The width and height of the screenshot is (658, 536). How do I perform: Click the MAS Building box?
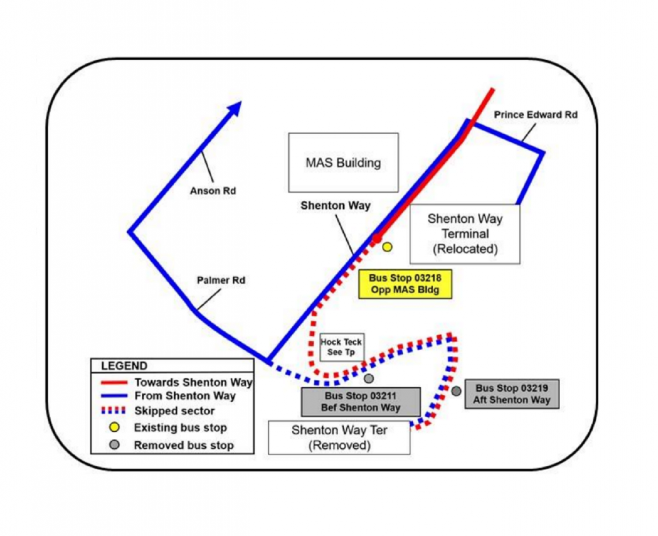(343, 163)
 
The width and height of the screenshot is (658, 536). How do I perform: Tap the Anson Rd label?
(213, 191)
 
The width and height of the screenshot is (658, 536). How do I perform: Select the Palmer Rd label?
(221, 281)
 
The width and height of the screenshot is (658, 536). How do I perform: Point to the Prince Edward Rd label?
(536, 115)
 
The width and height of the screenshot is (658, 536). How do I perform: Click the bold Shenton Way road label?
(335, 206)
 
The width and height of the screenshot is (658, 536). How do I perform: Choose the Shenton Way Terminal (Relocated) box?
(464, 234)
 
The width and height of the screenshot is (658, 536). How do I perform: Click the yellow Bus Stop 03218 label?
(405, 284)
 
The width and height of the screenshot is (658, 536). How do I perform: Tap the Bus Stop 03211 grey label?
(360, 402)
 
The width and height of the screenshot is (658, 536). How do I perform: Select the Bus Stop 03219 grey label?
(512, 394)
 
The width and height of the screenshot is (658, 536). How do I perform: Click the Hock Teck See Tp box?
(342, 347)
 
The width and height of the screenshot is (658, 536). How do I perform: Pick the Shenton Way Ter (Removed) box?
(339, 438)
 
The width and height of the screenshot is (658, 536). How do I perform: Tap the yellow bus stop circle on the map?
(387, 247)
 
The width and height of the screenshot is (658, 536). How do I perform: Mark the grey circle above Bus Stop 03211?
(369, 378)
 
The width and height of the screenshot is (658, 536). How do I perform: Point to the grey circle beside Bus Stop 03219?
(456, 391)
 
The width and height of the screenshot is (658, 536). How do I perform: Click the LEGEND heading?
(124, 366)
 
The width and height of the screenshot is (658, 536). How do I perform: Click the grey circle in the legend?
(114, 445)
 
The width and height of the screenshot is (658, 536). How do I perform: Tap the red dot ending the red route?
(376, 239)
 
